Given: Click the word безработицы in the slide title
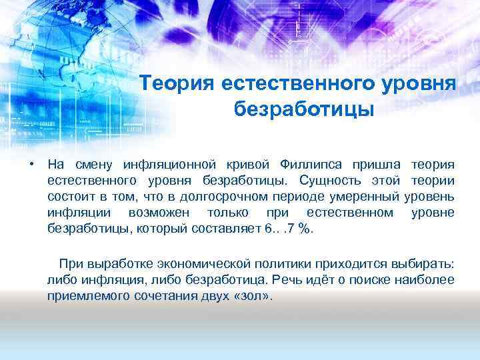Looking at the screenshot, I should pyautogui.click(x=304, y=107).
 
